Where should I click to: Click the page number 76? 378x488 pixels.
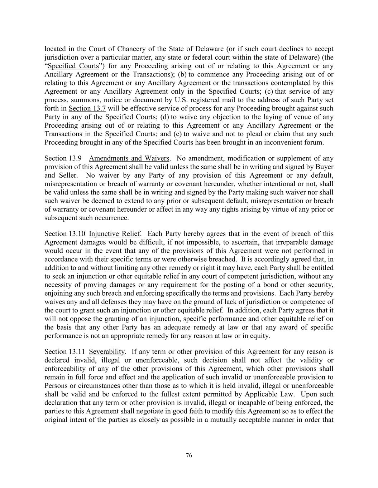coord(189,455)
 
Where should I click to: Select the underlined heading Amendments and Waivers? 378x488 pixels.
coord(129,158)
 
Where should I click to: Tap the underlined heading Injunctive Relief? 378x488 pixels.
coord(115,234)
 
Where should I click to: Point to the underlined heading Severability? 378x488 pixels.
coord(107,351)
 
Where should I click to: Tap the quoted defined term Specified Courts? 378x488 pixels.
coord(73,66)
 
